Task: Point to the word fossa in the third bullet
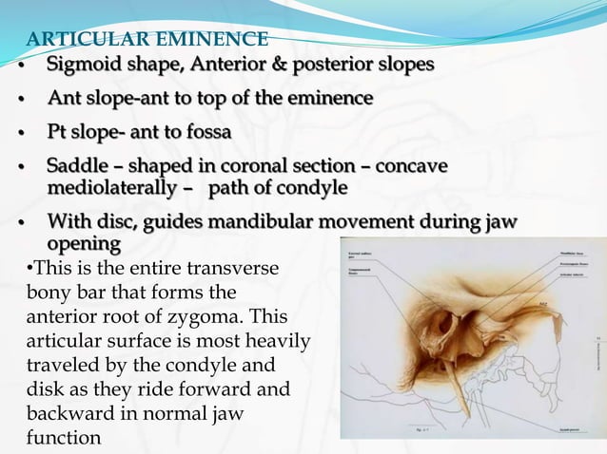tap(205, 130)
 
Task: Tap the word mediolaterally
tap(112, 187)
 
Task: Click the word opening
tap(84, 244)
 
